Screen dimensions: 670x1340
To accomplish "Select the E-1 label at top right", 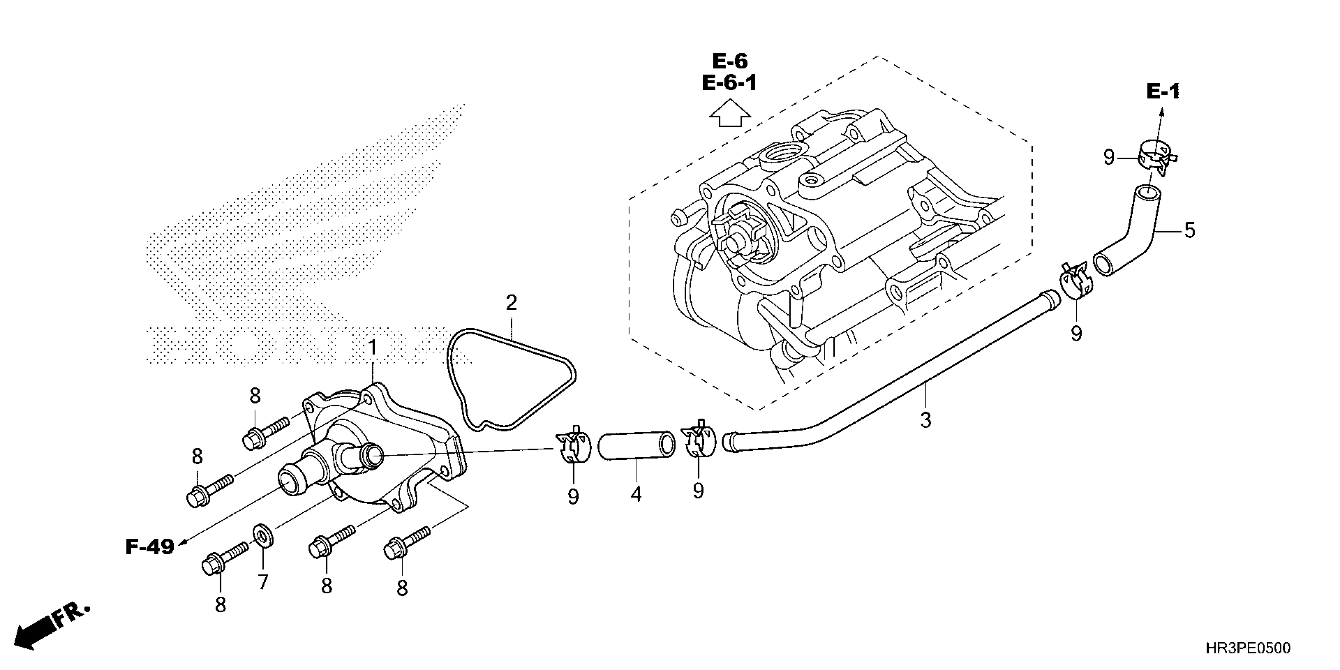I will pos(1163,92).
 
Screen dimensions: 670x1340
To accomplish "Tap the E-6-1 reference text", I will pos(729,83).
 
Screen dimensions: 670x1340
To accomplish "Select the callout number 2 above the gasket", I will pos(511,303).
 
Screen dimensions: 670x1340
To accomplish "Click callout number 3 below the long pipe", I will pos(925,420).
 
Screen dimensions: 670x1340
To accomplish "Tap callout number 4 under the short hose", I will pos(636,494).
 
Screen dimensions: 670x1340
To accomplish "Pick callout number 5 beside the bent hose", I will pos(1190,231).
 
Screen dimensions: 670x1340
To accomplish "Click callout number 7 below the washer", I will pos(263,582).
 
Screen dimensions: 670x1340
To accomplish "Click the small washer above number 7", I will pos(263,536).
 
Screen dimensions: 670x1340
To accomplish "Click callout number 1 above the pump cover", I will pos(372,348).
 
